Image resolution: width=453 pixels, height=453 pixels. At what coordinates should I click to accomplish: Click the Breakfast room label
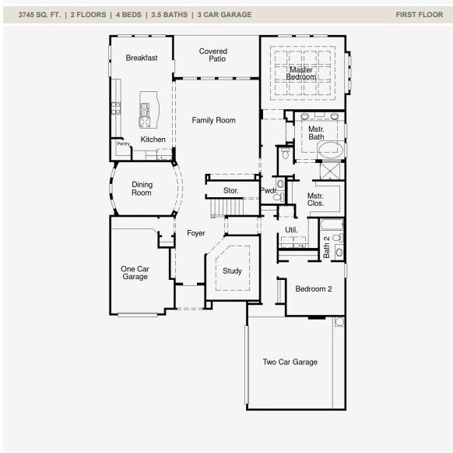[142, 58]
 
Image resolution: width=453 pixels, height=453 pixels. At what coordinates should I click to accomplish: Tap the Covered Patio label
[213, 55]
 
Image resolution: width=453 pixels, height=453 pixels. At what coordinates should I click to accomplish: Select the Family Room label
[213, 120]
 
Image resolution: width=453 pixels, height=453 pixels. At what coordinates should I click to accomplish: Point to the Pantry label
[123, 143]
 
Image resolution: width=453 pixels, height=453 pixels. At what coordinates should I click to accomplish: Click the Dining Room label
[142, 189]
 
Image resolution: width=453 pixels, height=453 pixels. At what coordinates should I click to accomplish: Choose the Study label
[232, 271]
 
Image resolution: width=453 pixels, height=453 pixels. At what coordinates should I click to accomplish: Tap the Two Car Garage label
[290, 362]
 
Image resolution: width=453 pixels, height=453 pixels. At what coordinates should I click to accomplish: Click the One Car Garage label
[135, 273]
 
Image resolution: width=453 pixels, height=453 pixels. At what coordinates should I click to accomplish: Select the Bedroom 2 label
[314, 288]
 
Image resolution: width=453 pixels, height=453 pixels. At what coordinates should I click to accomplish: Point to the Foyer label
[196, 233]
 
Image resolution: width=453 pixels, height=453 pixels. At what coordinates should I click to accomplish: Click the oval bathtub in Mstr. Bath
[330, 150]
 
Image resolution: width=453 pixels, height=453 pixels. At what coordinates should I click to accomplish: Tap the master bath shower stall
[331, 171]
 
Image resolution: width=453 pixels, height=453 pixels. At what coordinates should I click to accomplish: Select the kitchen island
[149, 110]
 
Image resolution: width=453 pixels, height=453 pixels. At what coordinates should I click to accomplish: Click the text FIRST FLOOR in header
[420, 15]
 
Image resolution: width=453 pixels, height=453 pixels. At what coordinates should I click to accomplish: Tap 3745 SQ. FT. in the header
[40, 15]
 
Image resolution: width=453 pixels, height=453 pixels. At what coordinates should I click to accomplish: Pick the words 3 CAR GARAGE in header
[224, 15]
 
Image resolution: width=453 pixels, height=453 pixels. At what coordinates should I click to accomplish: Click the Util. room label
[291, 230]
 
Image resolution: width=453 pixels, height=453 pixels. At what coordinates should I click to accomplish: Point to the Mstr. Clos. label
[315, 200]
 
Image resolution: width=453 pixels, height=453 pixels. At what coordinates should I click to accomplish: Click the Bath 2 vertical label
[326, 247]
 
